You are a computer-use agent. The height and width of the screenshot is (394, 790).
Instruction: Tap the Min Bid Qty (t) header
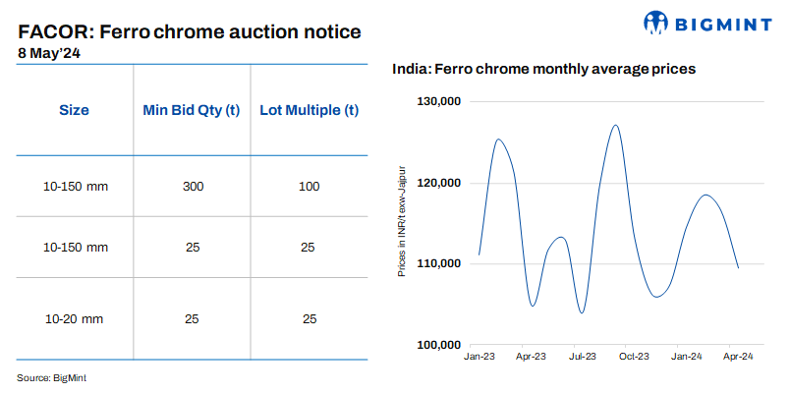point(193,110)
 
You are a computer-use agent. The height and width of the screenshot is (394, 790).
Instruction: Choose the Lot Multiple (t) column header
point(308,110)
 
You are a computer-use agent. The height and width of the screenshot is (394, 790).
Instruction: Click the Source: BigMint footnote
point(58,377)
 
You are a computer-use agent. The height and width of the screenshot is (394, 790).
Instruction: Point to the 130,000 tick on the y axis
point(440,101)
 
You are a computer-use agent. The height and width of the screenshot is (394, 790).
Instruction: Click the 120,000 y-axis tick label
point(440,183)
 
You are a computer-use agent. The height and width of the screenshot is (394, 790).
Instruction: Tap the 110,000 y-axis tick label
point(440,263)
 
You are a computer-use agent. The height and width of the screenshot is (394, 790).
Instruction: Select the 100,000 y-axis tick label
point(440,345)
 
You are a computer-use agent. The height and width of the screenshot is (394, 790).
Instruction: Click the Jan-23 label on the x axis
point(479,358)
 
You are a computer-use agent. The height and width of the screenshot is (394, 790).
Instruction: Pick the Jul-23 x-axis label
point(583,358)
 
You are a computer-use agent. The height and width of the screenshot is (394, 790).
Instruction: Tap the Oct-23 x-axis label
point(634,358)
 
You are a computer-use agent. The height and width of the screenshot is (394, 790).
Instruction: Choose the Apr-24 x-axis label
point(738,358)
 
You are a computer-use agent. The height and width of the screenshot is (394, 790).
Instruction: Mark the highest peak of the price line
point(615,125)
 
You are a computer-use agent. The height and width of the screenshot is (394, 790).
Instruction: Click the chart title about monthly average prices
point(544,70)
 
